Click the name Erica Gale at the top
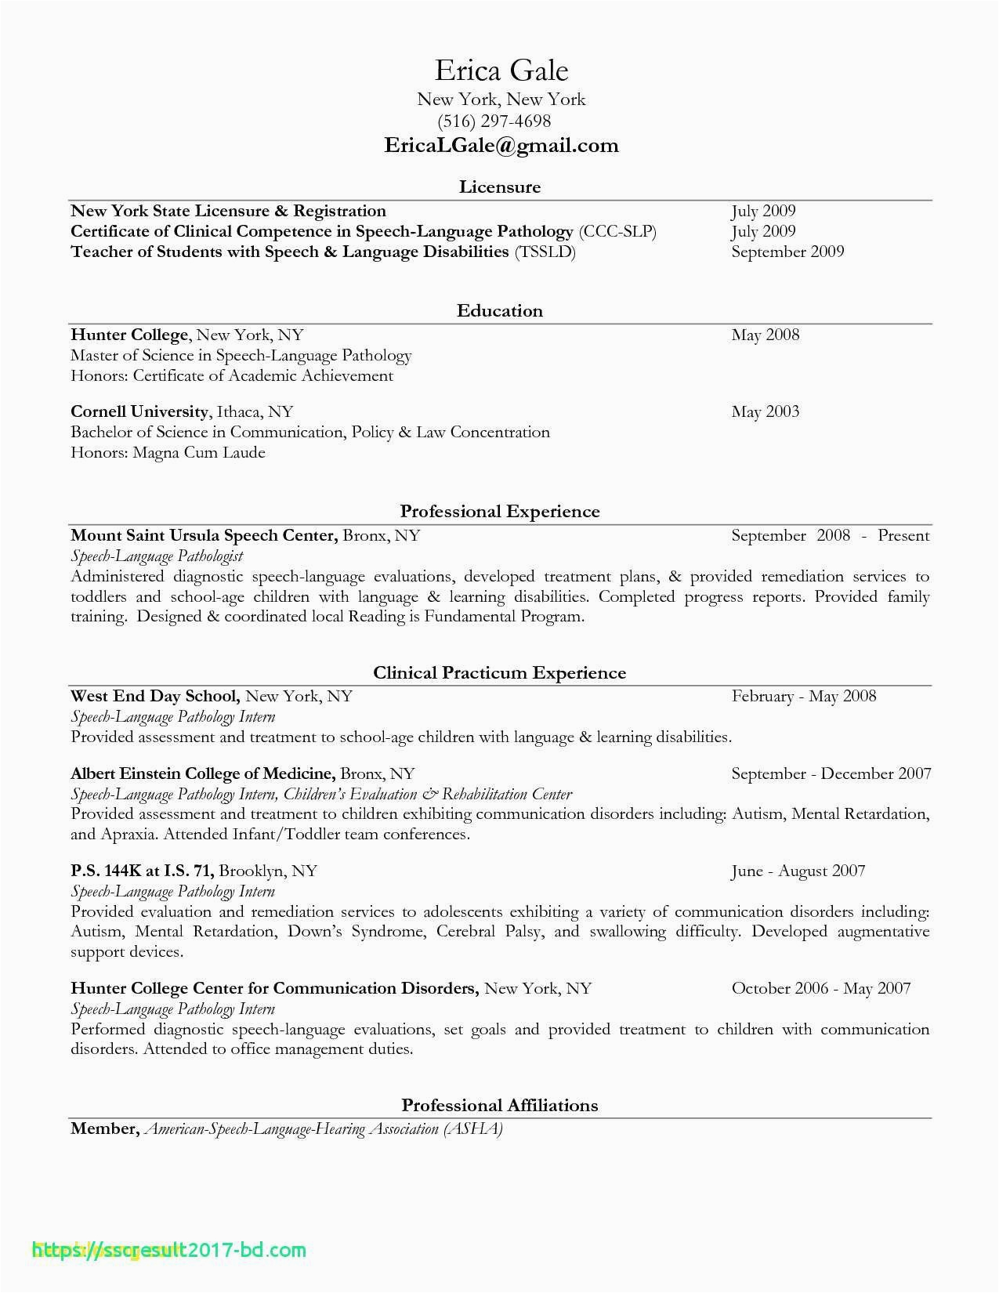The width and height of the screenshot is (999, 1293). pos(501,71)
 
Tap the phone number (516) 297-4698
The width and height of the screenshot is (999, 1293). pos(494,121)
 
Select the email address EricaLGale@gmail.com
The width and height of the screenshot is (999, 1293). pos(501,146)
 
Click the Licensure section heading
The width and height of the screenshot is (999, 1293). pos(500,187)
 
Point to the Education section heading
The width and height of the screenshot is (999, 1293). pos(500,311)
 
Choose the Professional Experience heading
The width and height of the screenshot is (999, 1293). pos(500,512)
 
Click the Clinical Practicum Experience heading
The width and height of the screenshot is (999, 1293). pos(500,673)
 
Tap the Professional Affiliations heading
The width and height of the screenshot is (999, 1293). pos(500,1106)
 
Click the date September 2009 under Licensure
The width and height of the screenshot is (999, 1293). pos(787,252)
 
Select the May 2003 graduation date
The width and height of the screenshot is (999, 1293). pos(765,412)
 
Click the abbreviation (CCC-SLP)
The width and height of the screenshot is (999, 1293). pos(617,231)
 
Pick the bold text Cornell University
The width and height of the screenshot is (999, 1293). pos(139,412)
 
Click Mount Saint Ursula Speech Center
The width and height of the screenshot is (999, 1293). pos(204,536)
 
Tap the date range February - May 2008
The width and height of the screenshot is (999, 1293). pos(803,697)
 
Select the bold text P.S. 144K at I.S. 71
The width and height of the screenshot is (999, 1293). pos(142,871)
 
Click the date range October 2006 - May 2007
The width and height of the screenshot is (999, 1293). pos(820,988)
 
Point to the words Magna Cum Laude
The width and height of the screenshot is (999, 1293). pos(199,453)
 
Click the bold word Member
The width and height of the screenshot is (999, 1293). pos(104,1129)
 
